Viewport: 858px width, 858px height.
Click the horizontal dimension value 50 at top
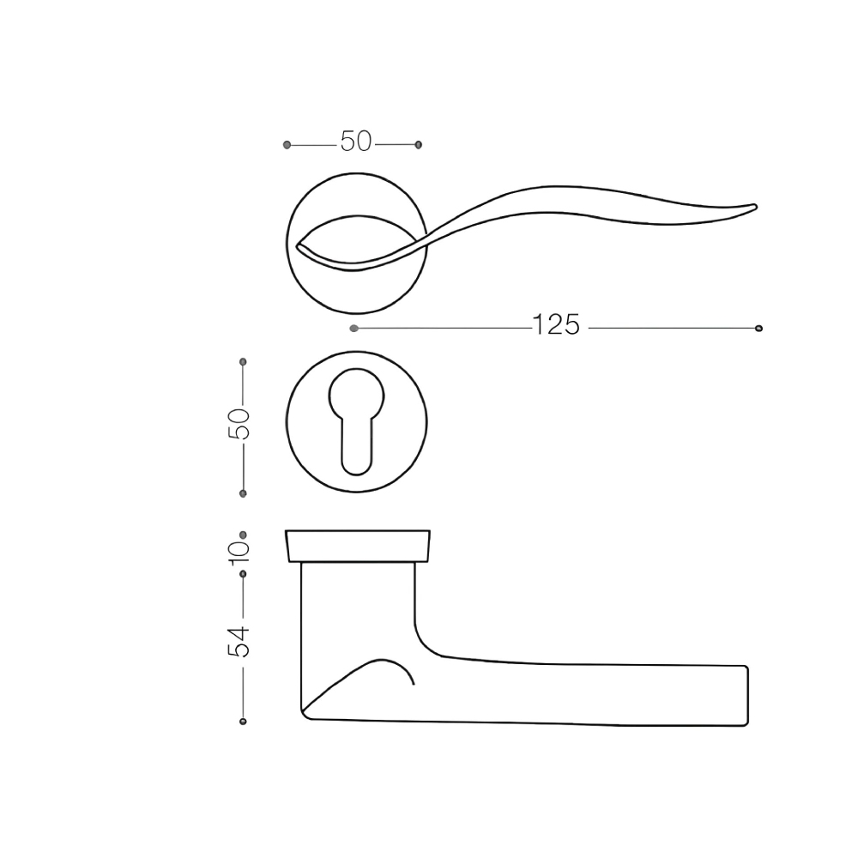click(x=356, y=142)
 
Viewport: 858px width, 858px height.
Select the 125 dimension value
click(x=555, y=325)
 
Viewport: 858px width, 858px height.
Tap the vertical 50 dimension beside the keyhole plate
click(x=239, y=424)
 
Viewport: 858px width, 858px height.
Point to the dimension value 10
click(x=239, y=553)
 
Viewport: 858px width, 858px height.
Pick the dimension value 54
click(x=239, y=641)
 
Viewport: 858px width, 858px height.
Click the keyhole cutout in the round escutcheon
click(x=356, y=420)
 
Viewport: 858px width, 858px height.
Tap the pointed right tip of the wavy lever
click(x=756, y=206)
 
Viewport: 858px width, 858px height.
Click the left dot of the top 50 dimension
click(x=287, y=145)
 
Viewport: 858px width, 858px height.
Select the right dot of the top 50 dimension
click(x=419, y=145)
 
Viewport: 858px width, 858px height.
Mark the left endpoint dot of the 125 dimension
click(x=354, y=329)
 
